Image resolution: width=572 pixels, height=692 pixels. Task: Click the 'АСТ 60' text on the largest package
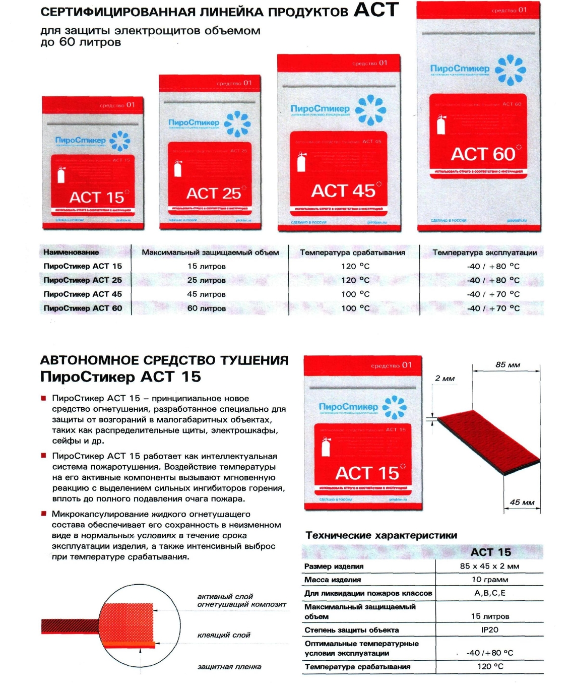tap(483, 154)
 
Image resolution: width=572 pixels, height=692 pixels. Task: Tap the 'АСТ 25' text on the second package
tap(213, 193)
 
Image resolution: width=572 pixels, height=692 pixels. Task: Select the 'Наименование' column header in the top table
tap(71, 252)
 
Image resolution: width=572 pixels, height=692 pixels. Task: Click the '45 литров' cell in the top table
tap(206, 294)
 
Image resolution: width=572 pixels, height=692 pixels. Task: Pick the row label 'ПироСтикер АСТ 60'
tap(83, 308)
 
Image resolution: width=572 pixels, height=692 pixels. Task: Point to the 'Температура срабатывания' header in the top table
tap(352, 252)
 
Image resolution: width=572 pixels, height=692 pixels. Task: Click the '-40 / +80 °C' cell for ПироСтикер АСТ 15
tap(493, 266)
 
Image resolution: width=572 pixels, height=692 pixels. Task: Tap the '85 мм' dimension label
tap(507, 364)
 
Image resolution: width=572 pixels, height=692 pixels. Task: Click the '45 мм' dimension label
tap(522, 502)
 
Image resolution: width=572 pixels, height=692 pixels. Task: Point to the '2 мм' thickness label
tap(444, 379)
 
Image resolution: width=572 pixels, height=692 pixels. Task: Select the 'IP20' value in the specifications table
tap(489, 630)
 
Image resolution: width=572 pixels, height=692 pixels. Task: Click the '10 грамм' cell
tap(489, 580)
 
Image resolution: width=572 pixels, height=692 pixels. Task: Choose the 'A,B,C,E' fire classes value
tap(489, 593)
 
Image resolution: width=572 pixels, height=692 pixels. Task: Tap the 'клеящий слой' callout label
tap(223, 635)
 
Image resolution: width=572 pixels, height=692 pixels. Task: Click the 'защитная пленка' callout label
tap(229, 667)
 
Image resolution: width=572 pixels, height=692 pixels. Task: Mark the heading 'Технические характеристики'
tap(381, 535)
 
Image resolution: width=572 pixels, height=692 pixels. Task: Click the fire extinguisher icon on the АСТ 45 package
tap(301, 162)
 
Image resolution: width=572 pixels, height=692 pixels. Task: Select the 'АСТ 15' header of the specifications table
tap(490, 552)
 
